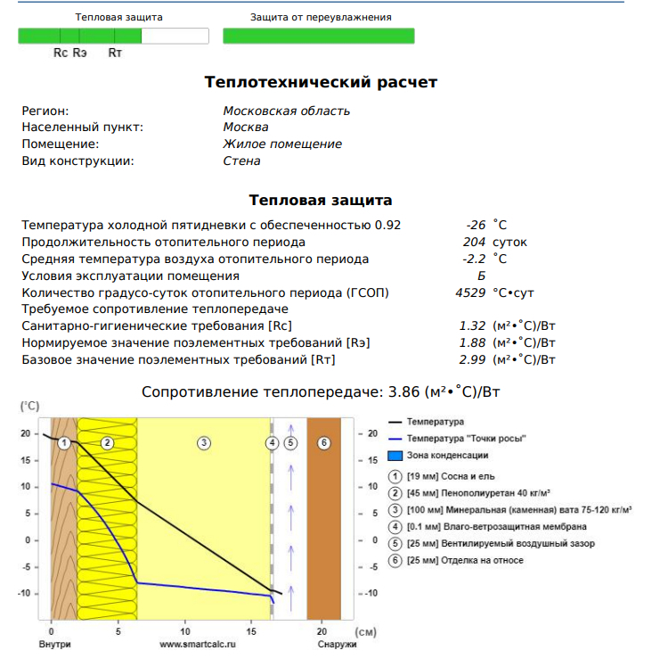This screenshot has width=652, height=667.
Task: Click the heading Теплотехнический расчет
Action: pyautogui.click(x=321, y=82)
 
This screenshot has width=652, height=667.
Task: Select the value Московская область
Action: pyautogui.click(x=286, y=111)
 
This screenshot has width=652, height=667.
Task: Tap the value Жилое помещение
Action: pyautogui.click(x=281, y=144)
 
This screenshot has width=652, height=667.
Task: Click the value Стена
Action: pyautogui.click(x=241, y=161)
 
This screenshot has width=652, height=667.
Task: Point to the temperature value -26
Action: pyautogui.click(x=476, y=226)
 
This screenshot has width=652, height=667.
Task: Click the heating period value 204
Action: pyautogui.click(x=474, y=243)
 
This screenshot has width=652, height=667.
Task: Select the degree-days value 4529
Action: pyautogui.click(x=469, y=292)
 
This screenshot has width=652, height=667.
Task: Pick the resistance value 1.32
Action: pyautogui.click(x=471, y=326)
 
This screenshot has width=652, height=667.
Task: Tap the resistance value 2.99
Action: pyautogui.click(x=471, y=360)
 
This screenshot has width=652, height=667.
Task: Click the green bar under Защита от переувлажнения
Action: pyautogui.click(x=318, y=37)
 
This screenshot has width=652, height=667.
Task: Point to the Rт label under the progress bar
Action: pyautogui.click(x=115, y=54)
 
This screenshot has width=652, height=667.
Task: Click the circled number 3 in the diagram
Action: pyautogui.click(x=203, y=442)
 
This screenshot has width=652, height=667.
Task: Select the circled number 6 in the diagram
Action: pyautogui.click(x=323, y=442)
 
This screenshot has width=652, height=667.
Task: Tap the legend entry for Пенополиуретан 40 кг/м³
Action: pyautogui.click(x=477, y=493)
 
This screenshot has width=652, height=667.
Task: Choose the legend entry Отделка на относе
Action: pyautogui.click(x=465, y=561)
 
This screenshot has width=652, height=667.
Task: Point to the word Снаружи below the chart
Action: pyautogui.click(x=337, y=644)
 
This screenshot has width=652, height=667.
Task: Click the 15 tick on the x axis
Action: pyautogui.click(x=250, y=630)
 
